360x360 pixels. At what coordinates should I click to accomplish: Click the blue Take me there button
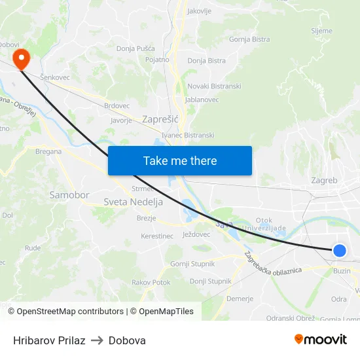click(180, 160)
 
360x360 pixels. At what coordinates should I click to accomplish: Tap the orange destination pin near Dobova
click(22, 60)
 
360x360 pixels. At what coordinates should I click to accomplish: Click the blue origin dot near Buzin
click(339, 250)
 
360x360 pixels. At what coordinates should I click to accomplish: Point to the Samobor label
click(69, 195)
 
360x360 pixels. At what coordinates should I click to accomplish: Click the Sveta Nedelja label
click(133, 202)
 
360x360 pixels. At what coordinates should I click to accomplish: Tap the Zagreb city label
click(324, 180)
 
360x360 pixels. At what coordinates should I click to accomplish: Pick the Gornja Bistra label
click(249, 39)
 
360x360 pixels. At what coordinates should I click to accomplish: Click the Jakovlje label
click(199, 11)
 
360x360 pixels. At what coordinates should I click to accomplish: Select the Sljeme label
click(321, 31)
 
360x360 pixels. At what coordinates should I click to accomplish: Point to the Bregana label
click(48, 151)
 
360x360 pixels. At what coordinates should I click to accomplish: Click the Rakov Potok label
click(151, 282)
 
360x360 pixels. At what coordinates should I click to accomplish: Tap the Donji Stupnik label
click(210, 281)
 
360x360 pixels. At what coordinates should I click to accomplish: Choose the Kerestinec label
click(157, 236)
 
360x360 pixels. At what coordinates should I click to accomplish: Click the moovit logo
click(320, 339)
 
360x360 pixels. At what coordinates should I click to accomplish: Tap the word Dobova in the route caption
click(127, 340)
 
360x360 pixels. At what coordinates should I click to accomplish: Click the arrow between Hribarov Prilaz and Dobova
click(97, 340)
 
